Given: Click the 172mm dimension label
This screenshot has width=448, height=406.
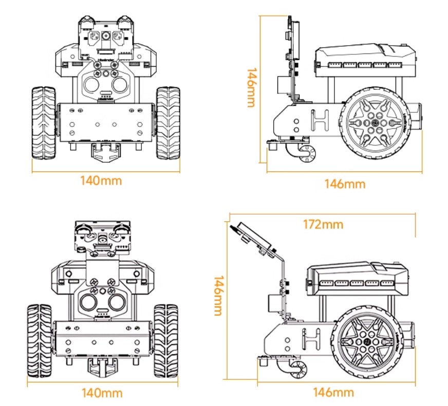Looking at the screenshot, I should tap(323, 224).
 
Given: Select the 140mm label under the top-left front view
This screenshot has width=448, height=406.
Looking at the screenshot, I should tap(101, 181).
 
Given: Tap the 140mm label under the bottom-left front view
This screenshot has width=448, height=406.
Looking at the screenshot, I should tap(102, 393).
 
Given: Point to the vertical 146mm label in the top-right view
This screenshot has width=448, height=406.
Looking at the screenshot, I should tap(251, 87).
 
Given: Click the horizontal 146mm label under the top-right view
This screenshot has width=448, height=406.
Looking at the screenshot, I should tap(345, 184).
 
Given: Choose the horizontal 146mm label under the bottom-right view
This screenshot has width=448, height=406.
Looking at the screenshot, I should tap(333, 393).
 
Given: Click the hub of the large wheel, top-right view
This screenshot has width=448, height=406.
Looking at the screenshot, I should tap(377, 124).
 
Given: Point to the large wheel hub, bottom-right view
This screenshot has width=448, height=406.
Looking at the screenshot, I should tap(367, 341).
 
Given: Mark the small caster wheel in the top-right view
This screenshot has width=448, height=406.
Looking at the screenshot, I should tap(309, 153).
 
